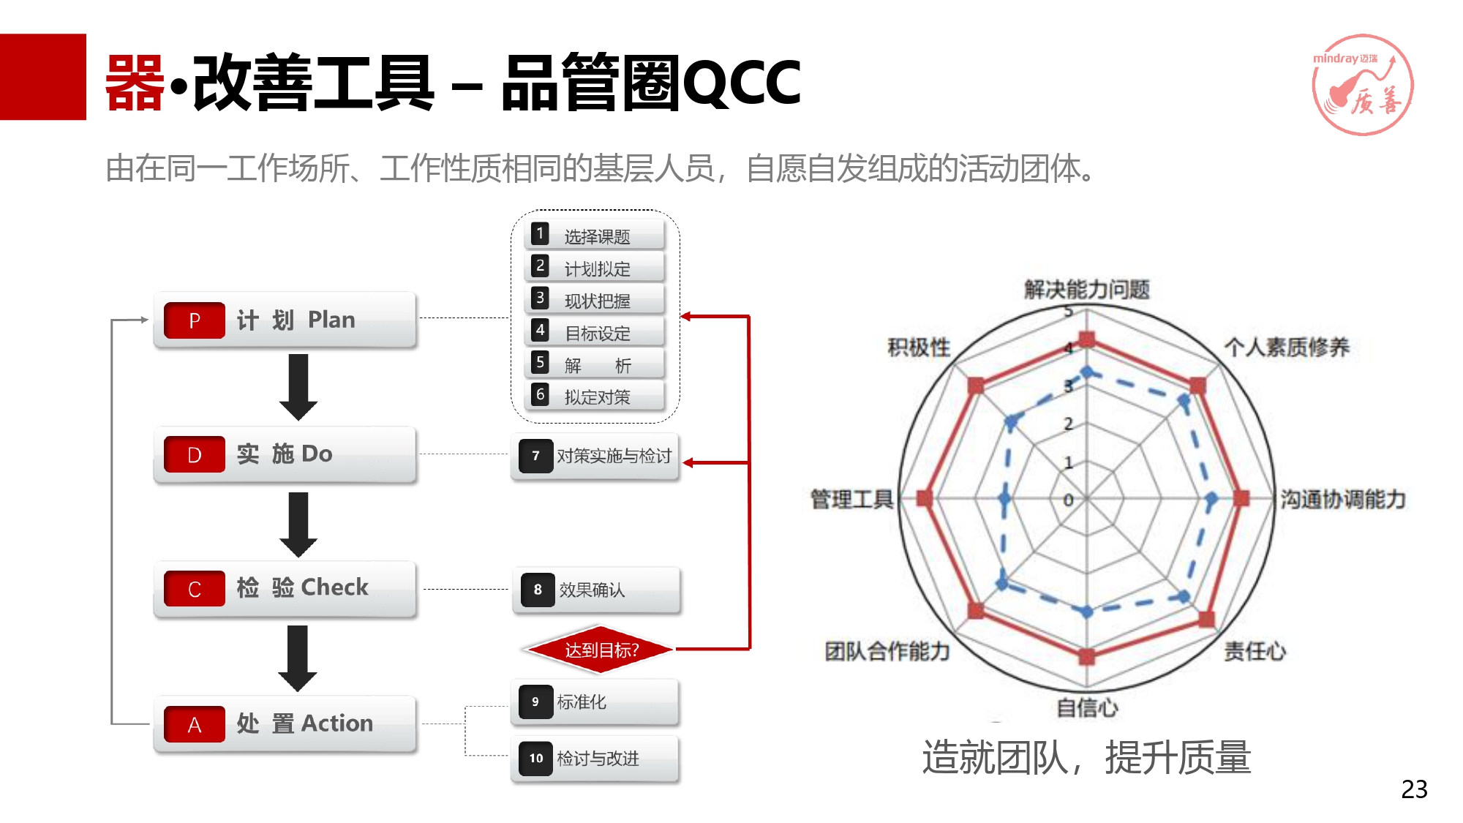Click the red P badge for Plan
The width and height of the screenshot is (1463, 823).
click(x=195, y=320)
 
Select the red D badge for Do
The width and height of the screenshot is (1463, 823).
click(x=195, y=454)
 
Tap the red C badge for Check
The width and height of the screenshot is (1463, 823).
click(x=195, y=589)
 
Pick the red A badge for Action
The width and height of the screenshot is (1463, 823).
click(x=195, y=724)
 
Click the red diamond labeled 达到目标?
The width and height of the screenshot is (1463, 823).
click(x=599, y=649)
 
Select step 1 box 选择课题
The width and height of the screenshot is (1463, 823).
click(x=595, y=235)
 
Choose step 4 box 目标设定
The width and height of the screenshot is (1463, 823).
click(x=595, y=331)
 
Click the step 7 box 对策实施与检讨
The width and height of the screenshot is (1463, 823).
click(x=595, y=456)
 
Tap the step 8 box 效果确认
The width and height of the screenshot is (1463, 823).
click(x=597, y=590)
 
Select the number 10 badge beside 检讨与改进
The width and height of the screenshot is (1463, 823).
click(x=536, y=759)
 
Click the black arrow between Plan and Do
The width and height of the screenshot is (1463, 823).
click(x=298, y=387)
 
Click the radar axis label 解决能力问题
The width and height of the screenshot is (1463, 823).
click(x=1087, y=290)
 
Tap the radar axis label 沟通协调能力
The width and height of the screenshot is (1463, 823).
click(x=1343, y=500)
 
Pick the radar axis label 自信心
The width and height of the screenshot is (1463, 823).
click(x=1087, y=707)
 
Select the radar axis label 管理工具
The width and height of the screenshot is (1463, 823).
click(x=852, y=500)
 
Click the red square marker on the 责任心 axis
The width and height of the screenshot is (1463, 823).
click(x=1206, y=620)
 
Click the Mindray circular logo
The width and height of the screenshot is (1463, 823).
click(x=1362, y=85)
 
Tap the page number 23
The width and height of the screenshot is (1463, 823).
click(x=1414, y=789)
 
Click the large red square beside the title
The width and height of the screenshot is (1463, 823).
click(x=43, y=77)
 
